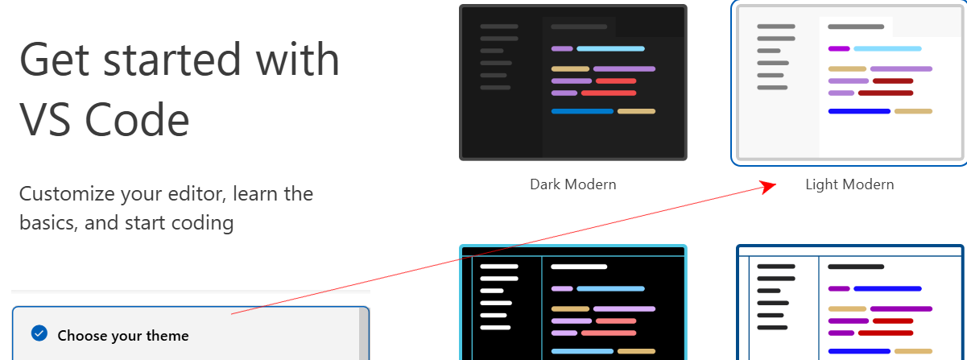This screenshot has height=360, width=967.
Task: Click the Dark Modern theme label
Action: (572, 184)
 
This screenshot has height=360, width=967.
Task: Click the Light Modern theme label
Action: (849, 184)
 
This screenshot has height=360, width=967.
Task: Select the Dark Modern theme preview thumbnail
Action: (572, 82)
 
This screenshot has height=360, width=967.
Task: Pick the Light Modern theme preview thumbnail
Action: (849, 82)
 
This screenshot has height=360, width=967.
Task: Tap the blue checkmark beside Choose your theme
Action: (39, 333)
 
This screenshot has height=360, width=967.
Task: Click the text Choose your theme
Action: (123, 335)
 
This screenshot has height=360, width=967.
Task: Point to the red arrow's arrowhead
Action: (771, 185)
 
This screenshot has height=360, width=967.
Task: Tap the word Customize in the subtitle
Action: (67, 194)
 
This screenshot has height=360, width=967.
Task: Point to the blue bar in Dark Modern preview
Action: (582, 111)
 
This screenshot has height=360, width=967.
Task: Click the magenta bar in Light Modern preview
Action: (839, 48)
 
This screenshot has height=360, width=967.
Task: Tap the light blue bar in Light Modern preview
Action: (887, 48)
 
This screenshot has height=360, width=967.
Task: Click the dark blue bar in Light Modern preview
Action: (859, 111)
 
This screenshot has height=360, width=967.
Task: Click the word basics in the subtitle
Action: (47, 223)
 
